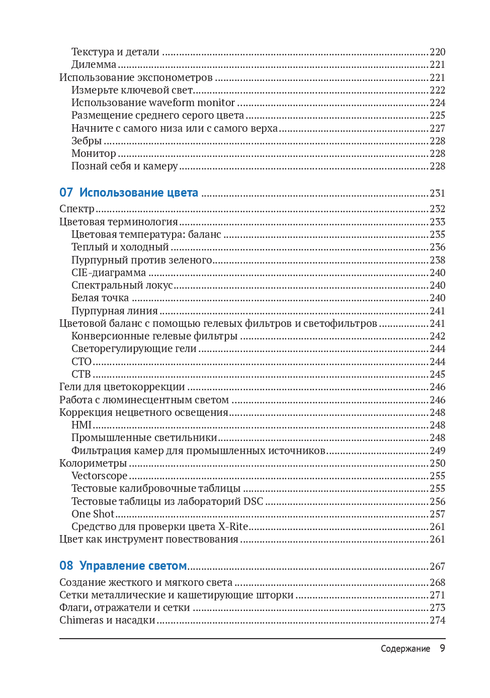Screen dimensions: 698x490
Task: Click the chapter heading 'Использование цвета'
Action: pos(138,193)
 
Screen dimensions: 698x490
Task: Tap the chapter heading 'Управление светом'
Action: pos(133,566)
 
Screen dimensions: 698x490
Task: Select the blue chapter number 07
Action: pos(66,193)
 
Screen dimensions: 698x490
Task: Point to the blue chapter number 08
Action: pos(66,566)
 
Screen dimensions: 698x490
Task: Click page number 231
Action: pos(437,193)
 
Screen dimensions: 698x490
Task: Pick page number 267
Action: pos(437,566)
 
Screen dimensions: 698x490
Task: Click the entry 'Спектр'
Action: pos(77,209)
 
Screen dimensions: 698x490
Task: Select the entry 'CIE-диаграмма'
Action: pos(109,273)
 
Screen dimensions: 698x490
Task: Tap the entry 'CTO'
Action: pos(81,362)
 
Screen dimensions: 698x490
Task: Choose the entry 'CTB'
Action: pos(81,374)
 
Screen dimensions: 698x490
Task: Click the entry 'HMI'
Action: pos(81,425)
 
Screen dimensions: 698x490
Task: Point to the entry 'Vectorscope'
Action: pos(99,476)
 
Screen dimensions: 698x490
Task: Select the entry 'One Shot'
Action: pos(93,514)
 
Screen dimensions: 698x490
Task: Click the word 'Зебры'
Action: pos(87,141)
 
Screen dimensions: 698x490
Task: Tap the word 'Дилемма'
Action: pos(94,64)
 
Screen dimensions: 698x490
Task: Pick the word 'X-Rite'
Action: pos(233,527)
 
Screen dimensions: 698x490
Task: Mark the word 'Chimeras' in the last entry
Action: pos(81,620)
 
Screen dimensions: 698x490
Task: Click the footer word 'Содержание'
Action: pos(405,649)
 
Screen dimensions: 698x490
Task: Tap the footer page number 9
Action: pos(442,648)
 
